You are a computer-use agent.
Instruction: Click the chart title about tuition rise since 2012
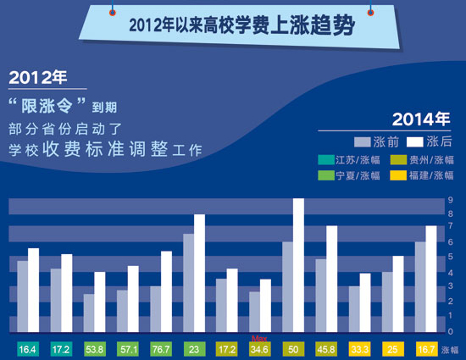click(x=241, y=25)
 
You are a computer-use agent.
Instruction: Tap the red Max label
click(x=259, y=339)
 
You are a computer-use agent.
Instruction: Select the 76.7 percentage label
click(x=161, y=349)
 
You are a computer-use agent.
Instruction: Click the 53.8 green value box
click(x=94, y=349)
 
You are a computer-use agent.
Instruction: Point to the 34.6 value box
click(x=259, y=349)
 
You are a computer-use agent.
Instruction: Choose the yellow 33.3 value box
click(x=359, y=349)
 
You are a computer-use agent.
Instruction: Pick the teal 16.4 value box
click(x=28, y=349)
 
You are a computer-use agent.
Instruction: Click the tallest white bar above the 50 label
click(x=298, y=265)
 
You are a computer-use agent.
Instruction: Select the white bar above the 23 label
click(x=199, y=274)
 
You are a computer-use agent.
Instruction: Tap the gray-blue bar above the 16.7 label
click(x=420, y=287)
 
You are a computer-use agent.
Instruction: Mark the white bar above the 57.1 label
click(x=133, y=299)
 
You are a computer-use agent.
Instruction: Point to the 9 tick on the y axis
click(x=451, y=200)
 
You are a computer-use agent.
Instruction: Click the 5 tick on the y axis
click(x=451, y=257)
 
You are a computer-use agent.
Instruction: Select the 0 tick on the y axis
click(x=451, y=331)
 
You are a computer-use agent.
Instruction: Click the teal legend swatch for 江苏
click(x=326, y=160)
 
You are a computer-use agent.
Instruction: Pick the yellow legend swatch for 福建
click(x=398, y=175)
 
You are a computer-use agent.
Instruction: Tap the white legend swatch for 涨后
click(x=414, y=142)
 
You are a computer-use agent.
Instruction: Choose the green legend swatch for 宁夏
click(x=326, y=175)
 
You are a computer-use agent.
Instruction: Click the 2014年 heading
click(x=421, y=119)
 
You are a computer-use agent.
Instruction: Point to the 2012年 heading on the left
click(x=38, y=78)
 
